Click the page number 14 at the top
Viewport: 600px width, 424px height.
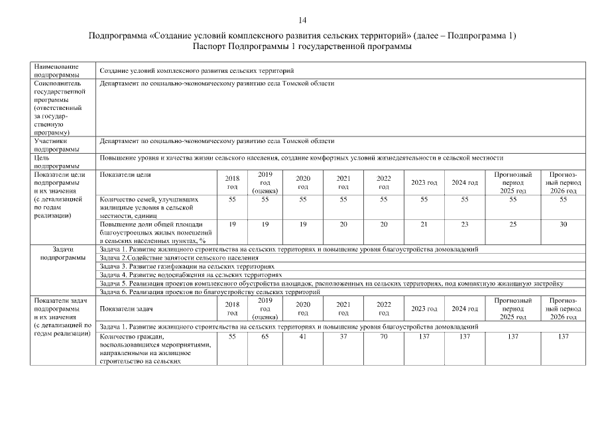click(302, 21)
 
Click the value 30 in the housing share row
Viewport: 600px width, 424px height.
click(563, 225)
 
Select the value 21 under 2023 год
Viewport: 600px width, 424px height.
click(424, 225)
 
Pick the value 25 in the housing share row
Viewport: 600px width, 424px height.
click(513, 225)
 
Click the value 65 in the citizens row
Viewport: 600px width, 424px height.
click(265, 337)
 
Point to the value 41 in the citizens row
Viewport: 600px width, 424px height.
click(303, 337)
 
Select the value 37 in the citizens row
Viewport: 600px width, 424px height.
click(343, 337)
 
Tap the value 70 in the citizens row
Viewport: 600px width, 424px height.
click(383, 337)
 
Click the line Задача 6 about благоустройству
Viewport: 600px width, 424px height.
click(210, 291)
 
